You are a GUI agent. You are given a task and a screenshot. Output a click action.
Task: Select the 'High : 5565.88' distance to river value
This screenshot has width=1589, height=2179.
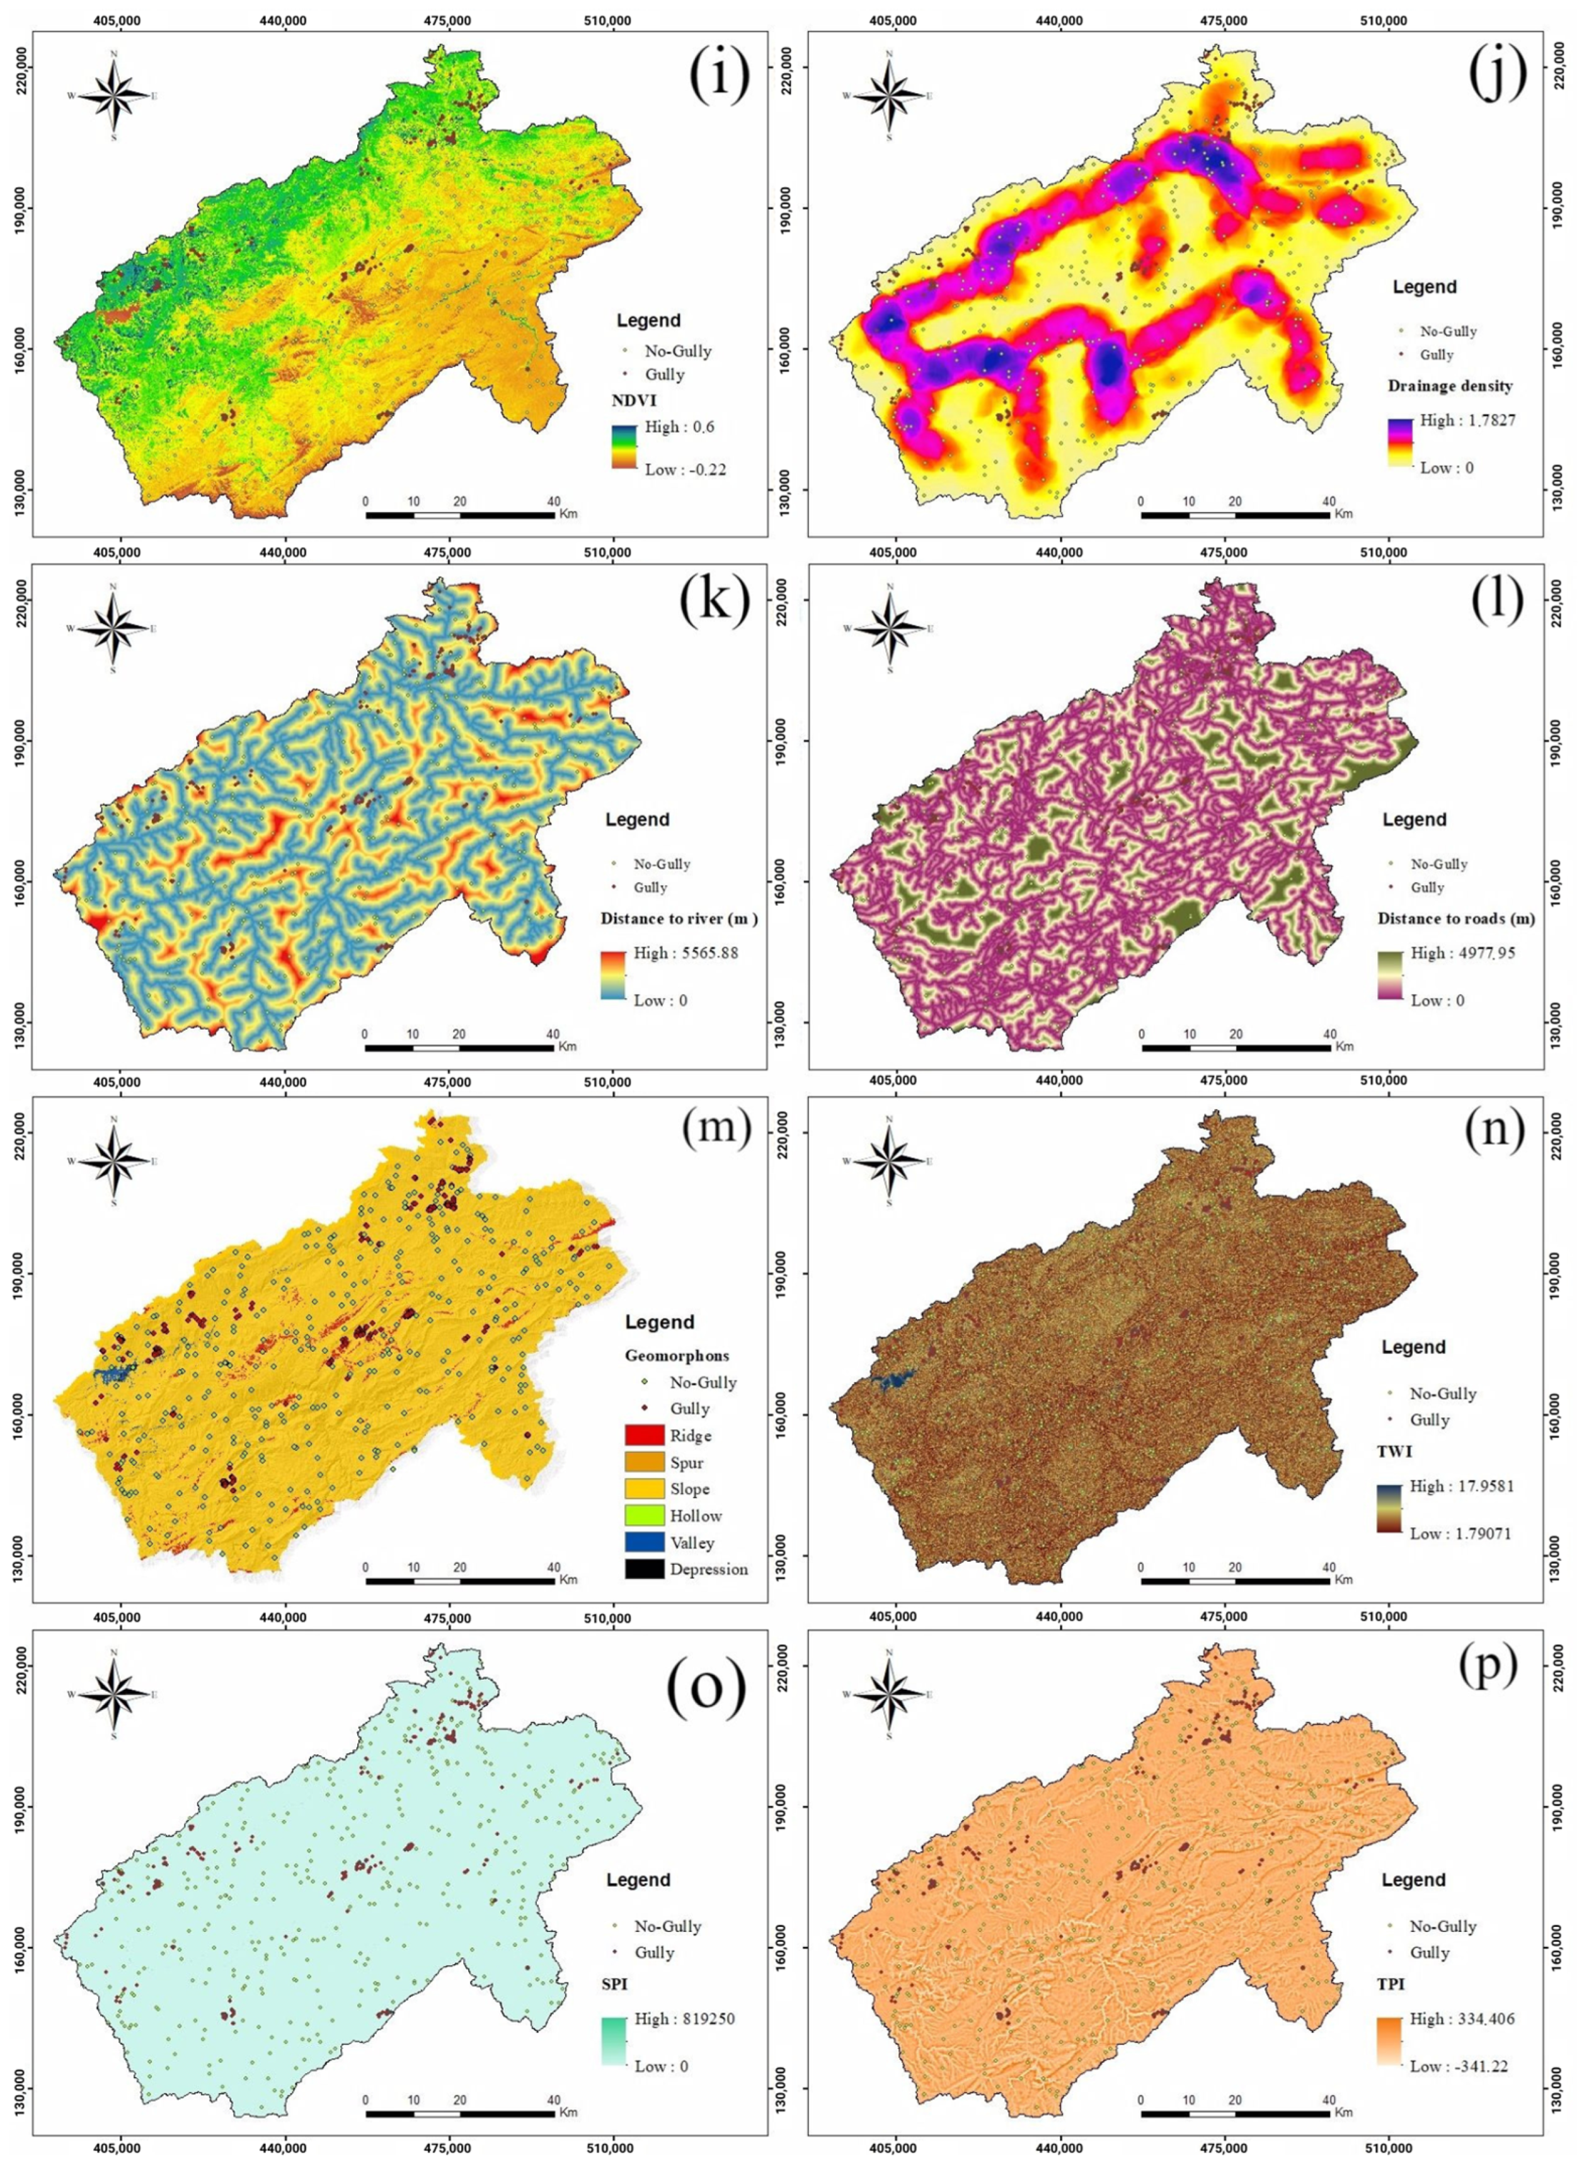point(685,954)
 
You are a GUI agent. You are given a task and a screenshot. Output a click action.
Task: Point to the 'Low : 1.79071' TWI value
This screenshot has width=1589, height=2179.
point(1460,1534)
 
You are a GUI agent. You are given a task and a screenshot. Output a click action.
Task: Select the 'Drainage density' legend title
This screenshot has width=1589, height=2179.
point(1450,386)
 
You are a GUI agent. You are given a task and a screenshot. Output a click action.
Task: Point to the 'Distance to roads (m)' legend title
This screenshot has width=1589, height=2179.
point(1456,919)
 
